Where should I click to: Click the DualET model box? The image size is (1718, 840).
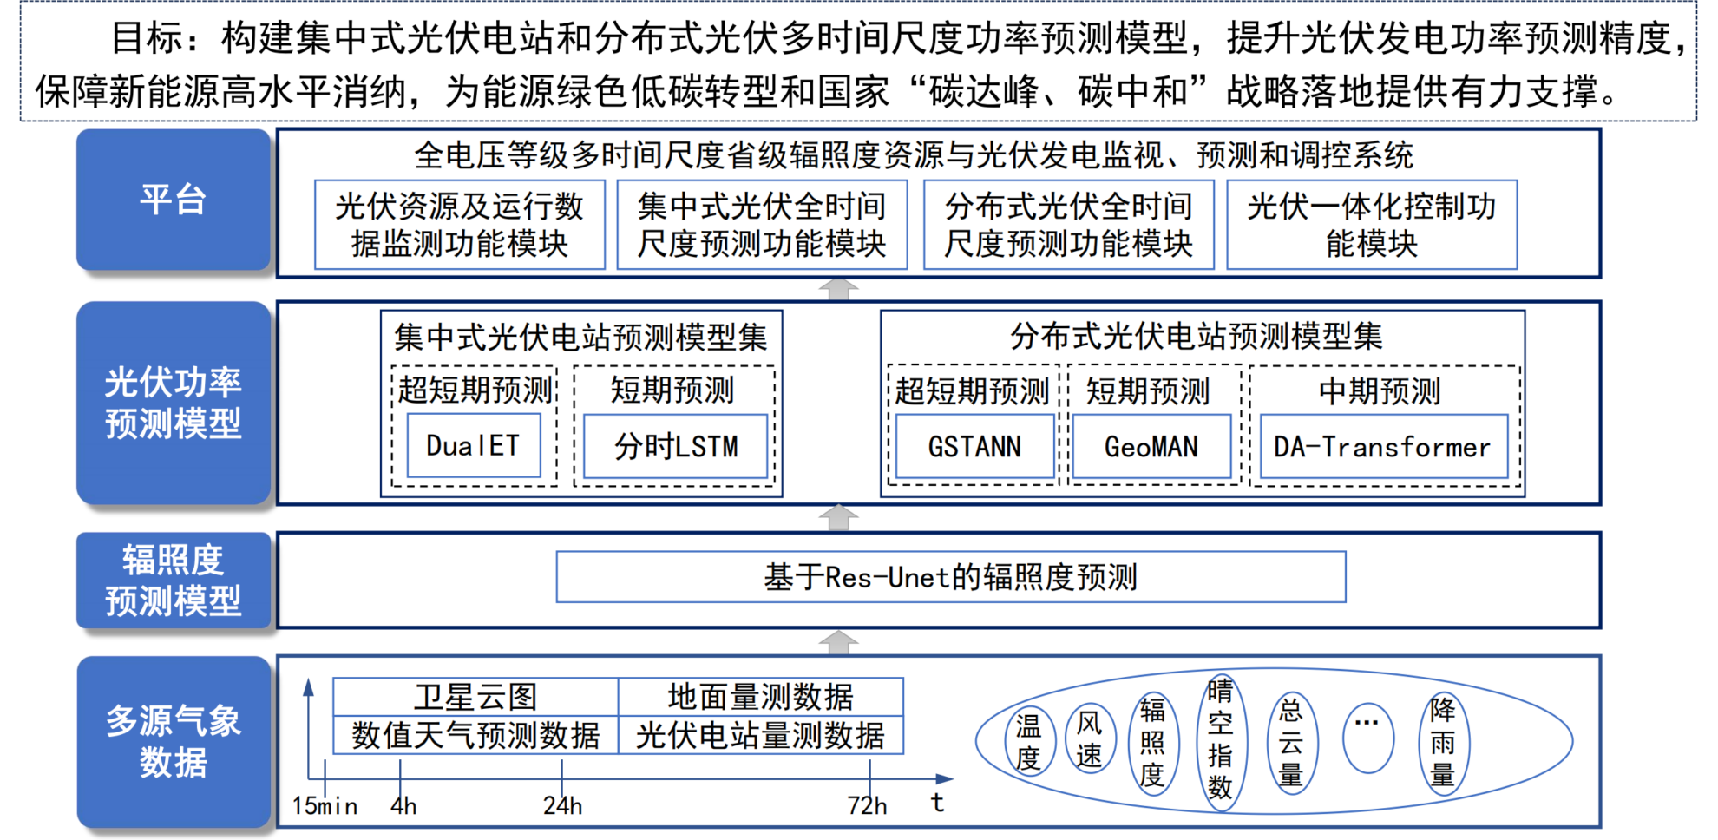(474, 446)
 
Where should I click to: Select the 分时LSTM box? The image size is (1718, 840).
(676, 447)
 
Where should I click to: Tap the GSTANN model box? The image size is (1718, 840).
(974, 447)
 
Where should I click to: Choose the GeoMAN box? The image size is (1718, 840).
(1151, 447)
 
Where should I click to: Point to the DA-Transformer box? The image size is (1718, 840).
(1383, 447)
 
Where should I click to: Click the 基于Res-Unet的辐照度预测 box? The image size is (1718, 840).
(951, 577)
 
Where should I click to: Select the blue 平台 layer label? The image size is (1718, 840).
(174, 200)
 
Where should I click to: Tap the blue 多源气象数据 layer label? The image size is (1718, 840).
(174, 742)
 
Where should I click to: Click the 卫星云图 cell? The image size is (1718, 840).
(475, 697)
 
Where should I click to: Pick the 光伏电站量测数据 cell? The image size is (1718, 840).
(760, 736)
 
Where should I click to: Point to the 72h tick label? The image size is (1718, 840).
(868, 806)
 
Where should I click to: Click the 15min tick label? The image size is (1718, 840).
(325, 806)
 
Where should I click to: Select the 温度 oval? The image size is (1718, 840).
(1029, 741)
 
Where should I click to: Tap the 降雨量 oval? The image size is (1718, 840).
(1443, 742)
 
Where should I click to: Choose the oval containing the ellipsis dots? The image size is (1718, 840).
(1367, 738)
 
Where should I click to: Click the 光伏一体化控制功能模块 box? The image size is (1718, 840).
(1372, 225)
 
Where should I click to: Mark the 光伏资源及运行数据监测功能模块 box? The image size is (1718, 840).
(460, 225)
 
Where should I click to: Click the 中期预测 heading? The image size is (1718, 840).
(1380, 391)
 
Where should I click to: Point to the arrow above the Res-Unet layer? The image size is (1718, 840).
(838, 518)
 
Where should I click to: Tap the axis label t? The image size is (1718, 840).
(937, 803)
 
